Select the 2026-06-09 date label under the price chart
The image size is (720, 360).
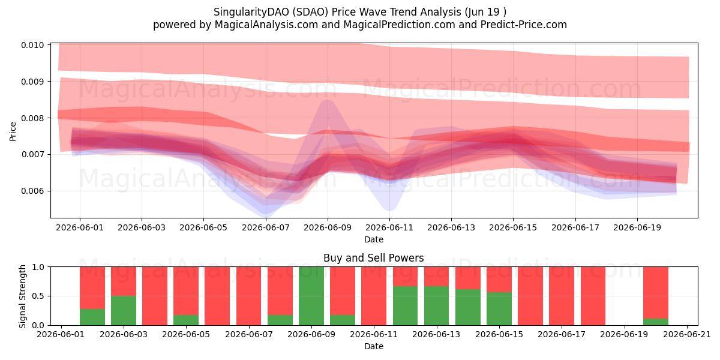point(328,227)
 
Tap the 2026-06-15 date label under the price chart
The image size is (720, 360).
point(513,227)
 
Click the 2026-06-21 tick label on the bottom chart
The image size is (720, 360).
point(687,334)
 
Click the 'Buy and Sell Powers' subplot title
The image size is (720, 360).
point(373,258)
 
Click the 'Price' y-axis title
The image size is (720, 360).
point(13,131)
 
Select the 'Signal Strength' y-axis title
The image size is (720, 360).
point(22,296)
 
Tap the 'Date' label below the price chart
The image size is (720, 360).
point(373,239)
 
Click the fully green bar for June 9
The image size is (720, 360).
point(311,296)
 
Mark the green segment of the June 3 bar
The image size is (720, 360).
point(124,311)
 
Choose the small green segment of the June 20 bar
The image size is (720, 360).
point(656,322)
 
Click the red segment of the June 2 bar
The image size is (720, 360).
point(92,287)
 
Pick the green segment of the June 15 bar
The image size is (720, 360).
point(499,308)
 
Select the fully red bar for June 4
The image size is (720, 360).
point(155,296)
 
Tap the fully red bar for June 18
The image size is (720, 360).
point(593,296)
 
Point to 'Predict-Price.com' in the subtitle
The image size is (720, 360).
point(524,25)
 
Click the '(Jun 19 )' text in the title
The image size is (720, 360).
point(485,12)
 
